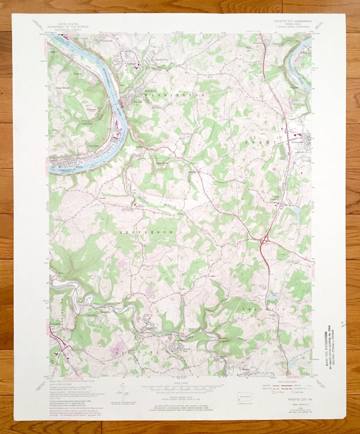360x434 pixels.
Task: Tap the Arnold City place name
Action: [x=162, y=60]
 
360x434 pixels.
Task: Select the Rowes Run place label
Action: [x=187, y=350]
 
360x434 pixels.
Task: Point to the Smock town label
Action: [x=246, y=369]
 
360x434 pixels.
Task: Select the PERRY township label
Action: [x=261, y=142]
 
